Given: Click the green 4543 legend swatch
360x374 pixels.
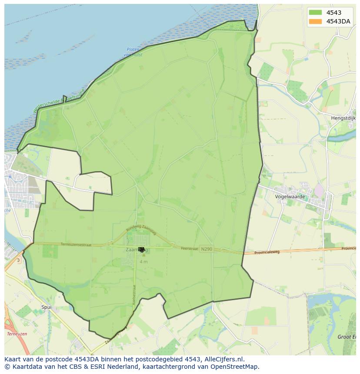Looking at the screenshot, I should [315, 13].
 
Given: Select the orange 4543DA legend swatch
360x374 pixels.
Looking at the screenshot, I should [315, 21].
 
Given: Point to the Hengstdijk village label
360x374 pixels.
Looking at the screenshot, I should [343, 118].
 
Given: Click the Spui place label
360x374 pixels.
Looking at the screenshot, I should [46, 307].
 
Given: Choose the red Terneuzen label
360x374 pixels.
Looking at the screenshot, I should [17, 334].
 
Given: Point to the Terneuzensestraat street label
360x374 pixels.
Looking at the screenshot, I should [76, 245].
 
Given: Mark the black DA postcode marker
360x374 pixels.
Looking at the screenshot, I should [141, 249].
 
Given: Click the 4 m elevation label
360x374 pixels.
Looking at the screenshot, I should [143, 262].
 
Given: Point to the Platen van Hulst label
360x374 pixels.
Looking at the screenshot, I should [133, 52].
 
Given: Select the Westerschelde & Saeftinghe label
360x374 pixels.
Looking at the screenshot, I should [59, 100].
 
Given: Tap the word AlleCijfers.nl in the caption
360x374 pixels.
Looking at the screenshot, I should [224, 359].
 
